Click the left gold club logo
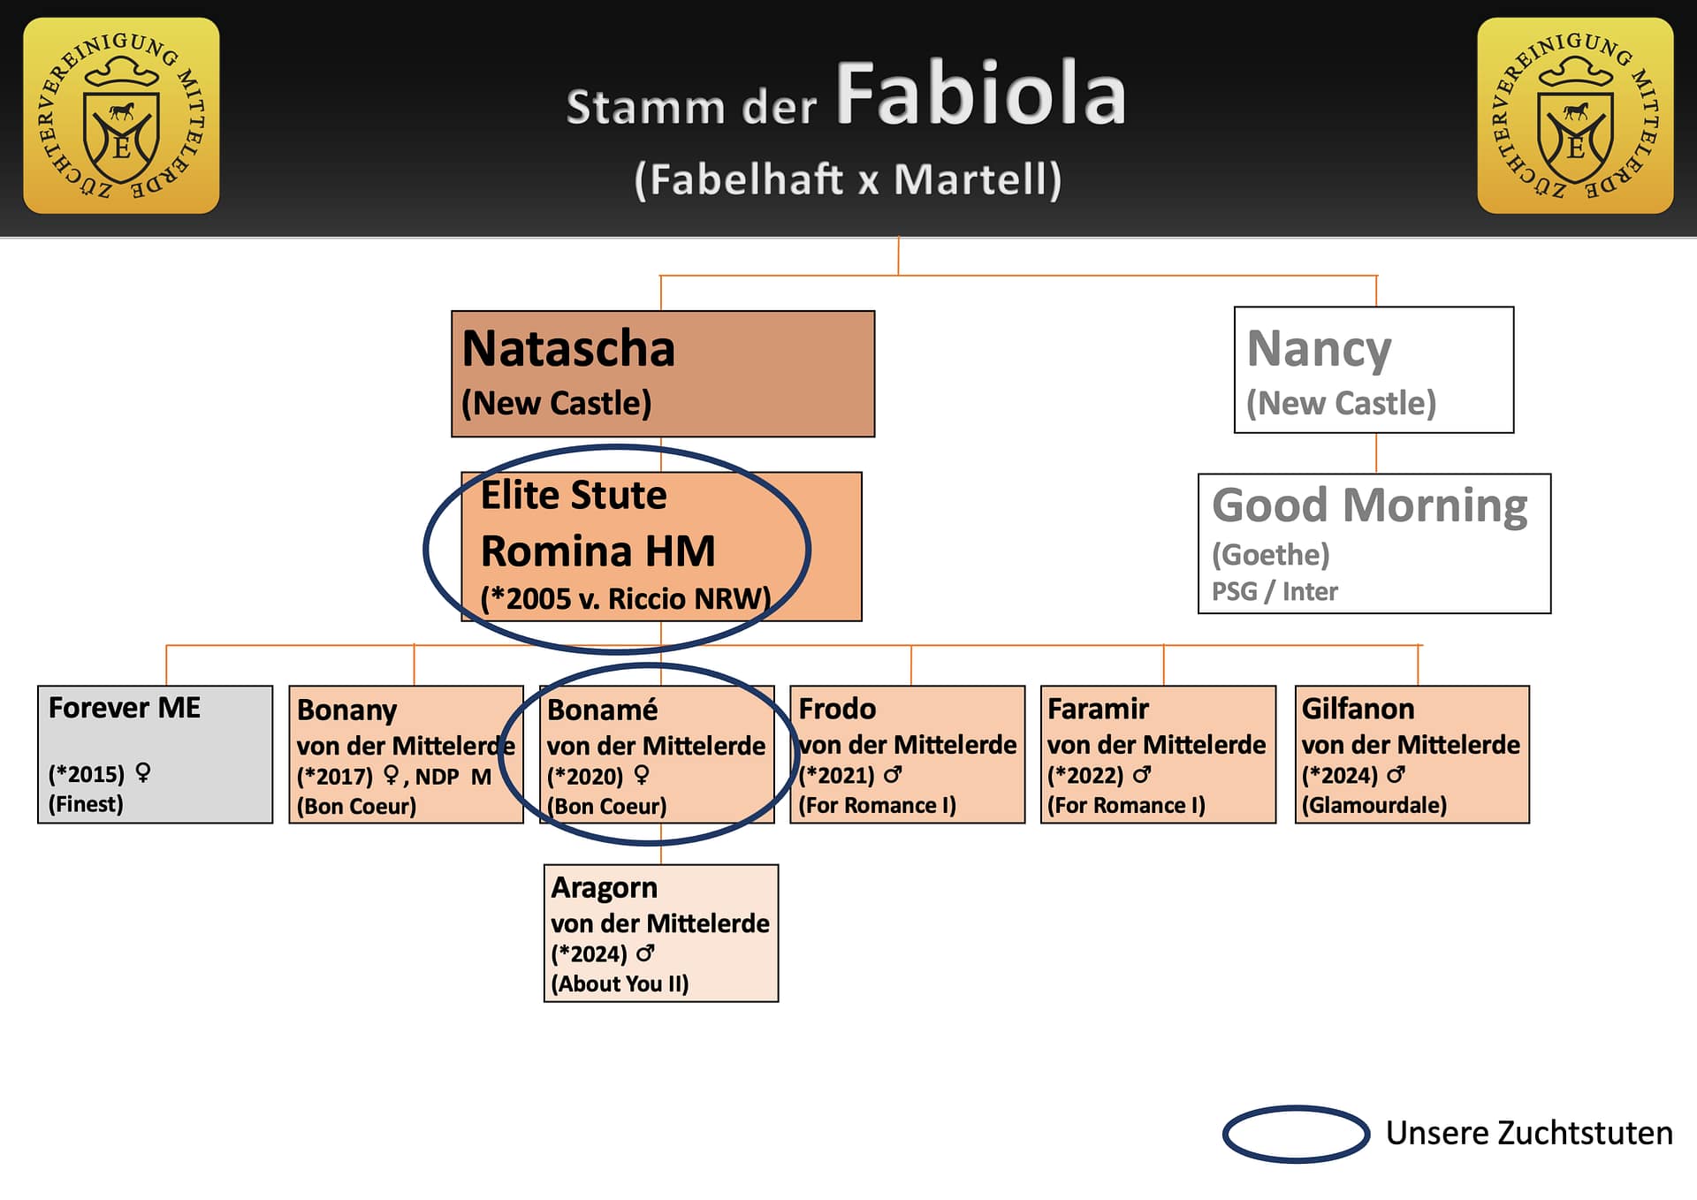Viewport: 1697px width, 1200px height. click(x=121, y=116)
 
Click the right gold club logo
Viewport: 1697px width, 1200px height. click(x=1575, y=116)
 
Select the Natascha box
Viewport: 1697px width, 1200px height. click(x=662, y=373)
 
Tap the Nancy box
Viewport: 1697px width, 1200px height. click(x=1373, y=369)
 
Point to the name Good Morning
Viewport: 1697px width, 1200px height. click(x=1369, y=505)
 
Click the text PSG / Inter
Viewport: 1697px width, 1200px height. click(x=1274, y=591)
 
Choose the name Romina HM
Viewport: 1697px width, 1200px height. click(x=597, y=551)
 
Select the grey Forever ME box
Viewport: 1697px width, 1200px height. click(x=155, y=754)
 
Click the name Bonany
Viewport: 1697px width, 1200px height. click(x=346, y=710)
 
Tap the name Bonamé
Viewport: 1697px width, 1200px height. click(x=602, y=710)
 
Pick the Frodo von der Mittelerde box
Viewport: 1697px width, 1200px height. click(x=907, y=754)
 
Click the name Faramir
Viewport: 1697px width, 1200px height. click(x=1098, y=709)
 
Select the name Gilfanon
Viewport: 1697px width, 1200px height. click(x=1358, y=709)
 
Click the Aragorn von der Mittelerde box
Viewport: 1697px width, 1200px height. click(x=660, y=932)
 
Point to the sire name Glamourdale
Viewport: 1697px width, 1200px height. click(x=1374, y=805)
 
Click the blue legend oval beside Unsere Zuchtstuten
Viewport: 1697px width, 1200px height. click(x=1295, y=1133)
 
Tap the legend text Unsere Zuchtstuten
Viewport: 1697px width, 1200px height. click(x=1528, y=1133)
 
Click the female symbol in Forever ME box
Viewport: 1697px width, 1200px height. click(x=143, y=773)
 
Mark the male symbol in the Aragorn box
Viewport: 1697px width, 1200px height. click(x=645, y=953)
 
